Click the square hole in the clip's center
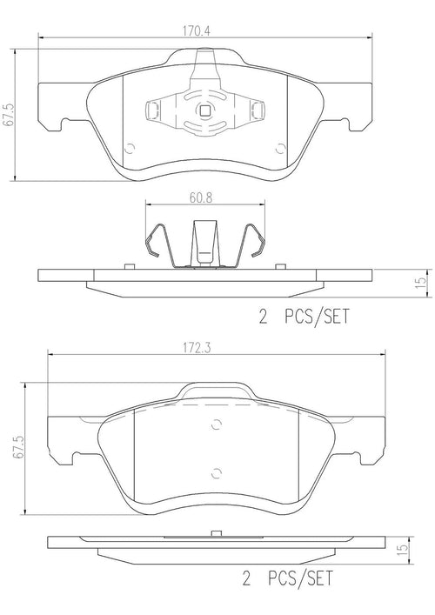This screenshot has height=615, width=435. coord(205,110)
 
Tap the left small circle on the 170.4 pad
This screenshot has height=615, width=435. coord(130,146)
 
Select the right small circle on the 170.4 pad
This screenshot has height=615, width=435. coord(278,147)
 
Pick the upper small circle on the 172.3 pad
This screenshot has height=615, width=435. coord(216,426)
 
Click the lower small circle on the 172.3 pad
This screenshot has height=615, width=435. coord(216,473)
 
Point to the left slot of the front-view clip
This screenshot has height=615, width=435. coord(151,110)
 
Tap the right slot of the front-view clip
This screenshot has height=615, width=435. coord(259,110)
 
